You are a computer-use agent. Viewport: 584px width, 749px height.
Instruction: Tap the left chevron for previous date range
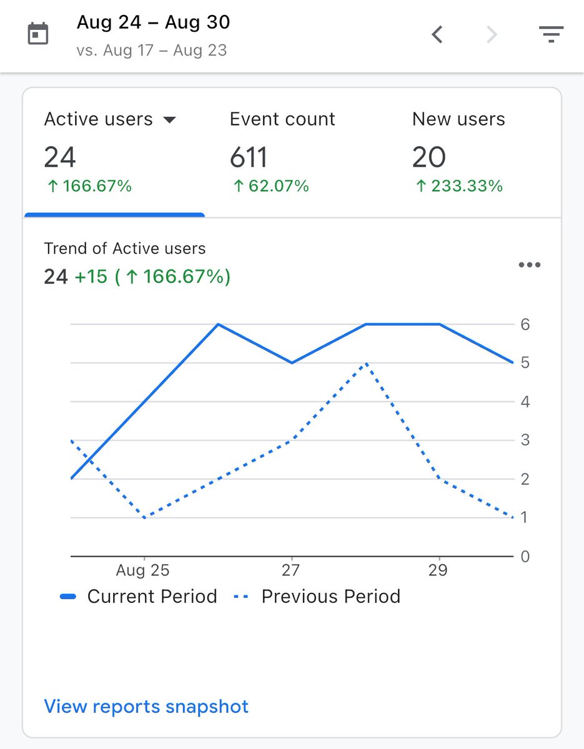[437, 34]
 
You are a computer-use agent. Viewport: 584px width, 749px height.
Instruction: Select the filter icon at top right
[551, 34]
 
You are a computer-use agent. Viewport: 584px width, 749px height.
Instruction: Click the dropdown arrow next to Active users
[169, 120]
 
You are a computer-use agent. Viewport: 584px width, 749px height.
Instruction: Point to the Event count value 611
[249, 157]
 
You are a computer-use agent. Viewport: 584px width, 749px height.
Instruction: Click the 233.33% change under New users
[458, 186]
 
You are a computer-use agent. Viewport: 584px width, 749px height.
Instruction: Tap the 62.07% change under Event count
[270, 186]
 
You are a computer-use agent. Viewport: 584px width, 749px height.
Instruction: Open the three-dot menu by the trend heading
[530, 265]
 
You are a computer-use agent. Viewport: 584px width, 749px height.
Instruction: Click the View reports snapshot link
[146, 707]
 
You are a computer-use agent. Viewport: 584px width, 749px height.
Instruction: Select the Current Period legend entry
[139, 597]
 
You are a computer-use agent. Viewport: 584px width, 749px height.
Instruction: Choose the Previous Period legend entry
[317, 597]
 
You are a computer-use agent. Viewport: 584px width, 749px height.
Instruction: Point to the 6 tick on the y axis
[525, 325]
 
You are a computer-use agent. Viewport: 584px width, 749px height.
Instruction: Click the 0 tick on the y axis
[525, 556]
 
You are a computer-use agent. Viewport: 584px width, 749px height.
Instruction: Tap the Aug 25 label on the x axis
[143, 570]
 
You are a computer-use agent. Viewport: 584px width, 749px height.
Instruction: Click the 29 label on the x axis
[438, 570]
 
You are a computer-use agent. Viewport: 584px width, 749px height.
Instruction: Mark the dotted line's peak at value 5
[366, 363]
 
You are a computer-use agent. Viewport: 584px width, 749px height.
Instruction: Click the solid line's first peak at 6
[218, 325]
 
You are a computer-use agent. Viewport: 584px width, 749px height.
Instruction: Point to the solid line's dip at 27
[292, 363]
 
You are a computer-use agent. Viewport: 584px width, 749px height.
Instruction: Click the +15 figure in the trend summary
[91, 277]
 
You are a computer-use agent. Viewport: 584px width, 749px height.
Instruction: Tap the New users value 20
[429, 157]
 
